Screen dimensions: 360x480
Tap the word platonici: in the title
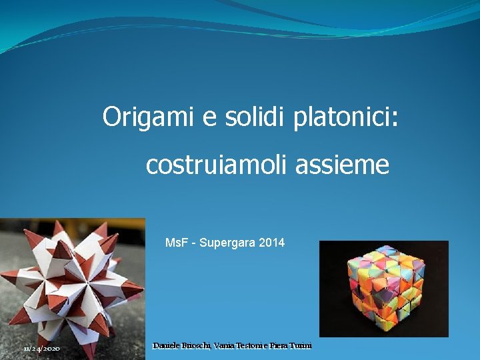tap(345, 119)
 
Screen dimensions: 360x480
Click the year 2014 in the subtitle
tap(272, 243)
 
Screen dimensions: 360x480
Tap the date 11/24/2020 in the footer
tap(41, 349)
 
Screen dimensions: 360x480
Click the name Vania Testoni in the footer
tap(238, 345)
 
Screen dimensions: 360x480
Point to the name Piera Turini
tap(291, 345)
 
